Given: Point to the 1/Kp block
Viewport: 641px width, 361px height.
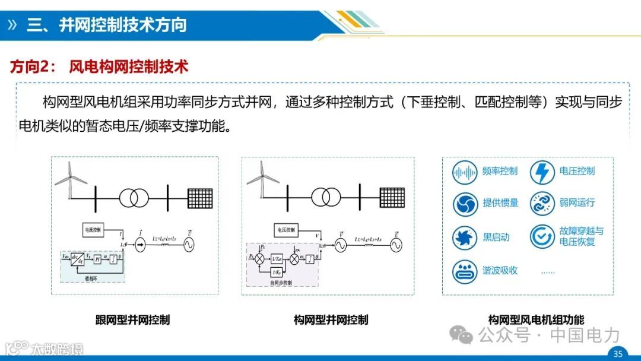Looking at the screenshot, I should (x=277, y=271).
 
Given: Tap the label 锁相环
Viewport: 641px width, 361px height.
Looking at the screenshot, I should (x=90, y=277).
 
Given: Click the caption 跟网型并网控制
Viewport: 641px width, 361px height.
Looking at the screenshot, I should (x=132, y=319).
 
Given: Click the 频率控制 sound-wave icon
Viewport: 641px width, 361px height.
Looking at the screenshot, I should (x=465, y=172).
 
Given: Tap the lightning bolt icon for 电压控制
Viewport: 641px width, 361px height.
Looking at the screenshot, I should (x=542, y=172).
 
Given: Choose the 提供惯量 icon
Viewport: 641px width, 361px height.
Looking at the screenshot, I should (x=465, y=204).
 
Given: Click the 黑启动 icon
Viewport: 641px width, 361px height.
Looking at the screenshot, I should (x=465, y=237).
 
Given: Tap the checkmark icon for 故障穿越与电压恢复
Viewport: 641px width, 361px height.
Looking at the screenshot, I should (x=542, y=236).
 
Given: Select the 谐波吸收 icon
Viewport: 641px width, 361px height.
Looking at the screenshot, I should (x=465, y=271).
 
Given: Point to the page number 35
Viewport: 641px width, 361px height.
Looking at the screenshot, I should (x=618, y=354).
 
